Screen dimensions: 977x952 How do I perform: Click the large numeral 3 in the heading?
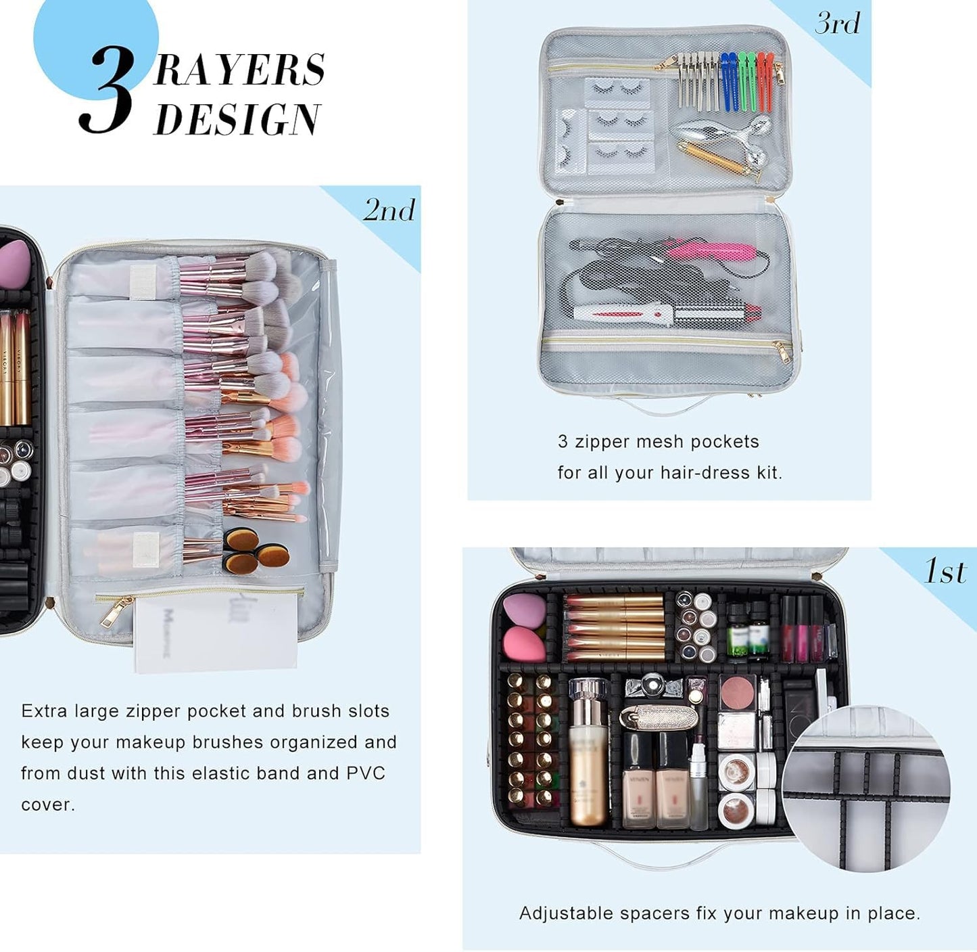pyautogui.click(x=106, y=91)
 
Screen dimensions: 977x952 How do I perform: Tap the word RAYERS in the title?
pyautogui.click(x=239, y=70)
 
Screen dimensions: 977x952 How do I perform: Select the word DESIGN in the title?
pyautogui.click(x=237, y=119)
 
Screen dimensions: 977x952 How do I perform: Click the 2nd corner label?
pyautogui.click(x=389, y=210)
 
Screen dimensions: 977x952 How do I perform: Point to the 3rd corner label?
pyautogui.click(x=838, y=24)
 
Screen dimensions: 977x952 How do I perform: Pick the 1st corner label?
pyautogui.click(x=945, y=572)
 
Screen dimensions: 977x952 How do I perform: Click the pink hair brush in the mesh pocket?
pyautogui.click(x=713, y=250)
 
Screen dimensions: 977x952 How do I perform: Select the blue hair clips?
pyautogui.click(x=728, y=81)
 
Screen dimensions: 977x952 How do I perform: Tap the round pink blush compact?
pyautogui.click(x=738, y=692)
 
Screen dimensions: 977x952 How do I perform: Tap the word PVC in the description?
pyautogui.click(x=366, y=773)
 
